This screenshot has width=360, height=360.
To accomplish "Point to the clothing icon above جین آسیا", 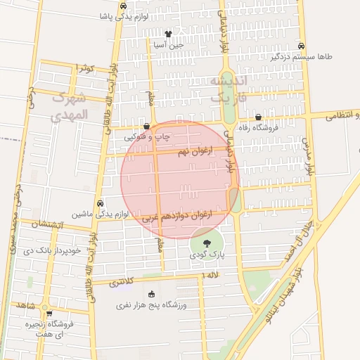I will click(x=167, y=33).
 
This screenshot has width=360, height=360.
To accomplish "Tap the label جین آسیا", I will click(x=169, y=44).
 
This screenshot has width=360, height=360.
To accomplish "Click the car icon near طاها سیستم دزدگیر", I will click(x=301, y=45).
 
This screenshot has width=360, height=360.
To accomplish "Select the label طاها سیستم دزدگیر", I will click(x=300, y=56).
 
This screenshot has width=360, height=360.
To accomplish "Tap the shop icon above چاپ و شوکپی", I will click(x=146, y=127).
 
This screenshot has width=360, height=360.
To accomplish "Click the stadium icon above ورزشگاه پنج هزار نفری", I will click(x=152, y=294).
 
